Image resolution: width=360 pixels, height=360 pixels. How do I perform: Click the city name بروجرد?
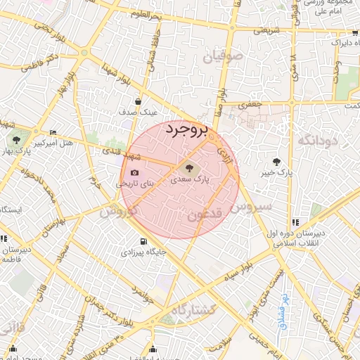point(187,131)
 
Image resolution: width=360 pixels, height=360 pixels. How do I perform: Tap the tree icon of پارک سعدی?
point(187,167)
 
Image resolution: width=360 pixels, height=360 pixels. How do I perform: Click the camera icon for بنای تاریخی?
point(134,173)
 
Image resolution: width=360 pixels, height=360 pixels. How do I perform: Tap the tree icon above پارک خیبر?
point(284,161)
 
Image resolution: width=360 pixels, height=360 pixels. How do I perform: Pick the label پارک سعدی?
point(190,180)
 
